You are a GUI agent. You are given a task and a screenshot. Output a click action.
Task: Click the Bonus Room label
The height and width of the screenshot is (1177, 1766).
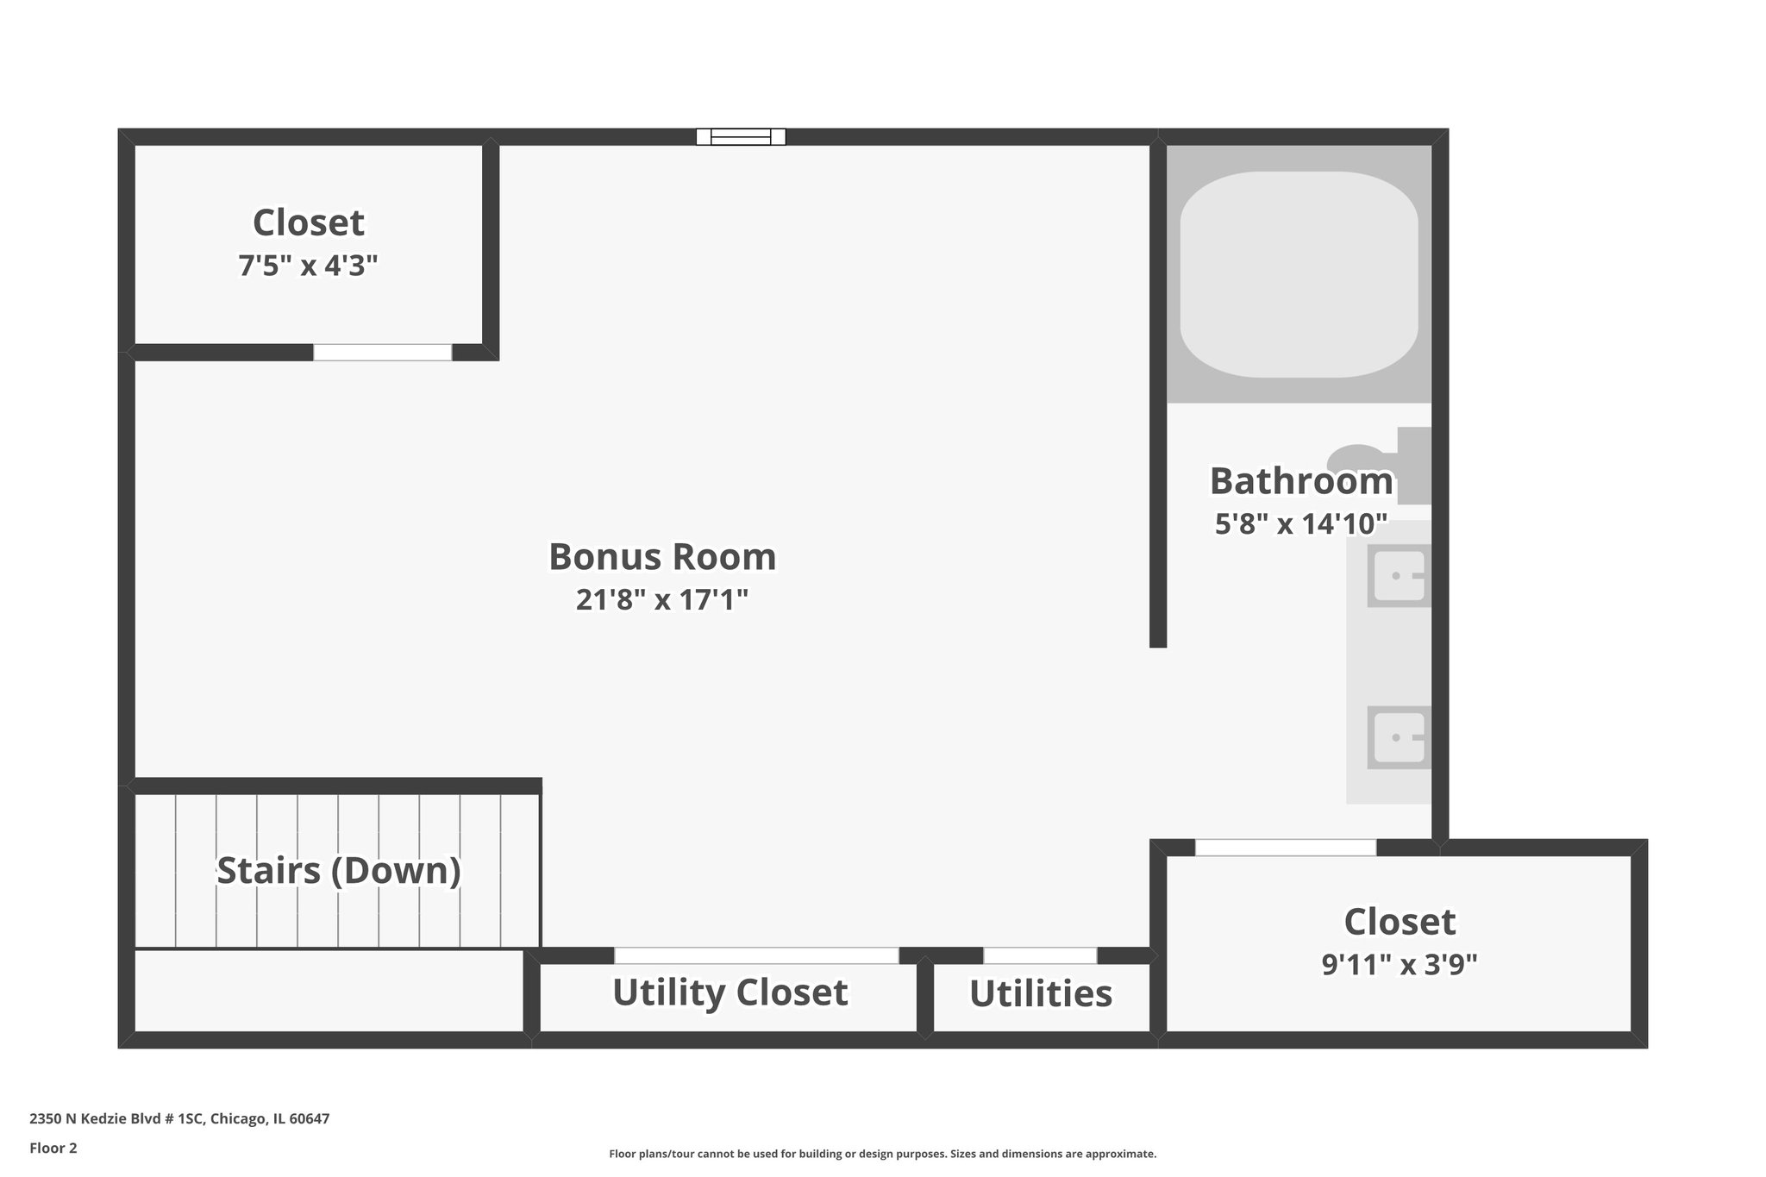(662, 557)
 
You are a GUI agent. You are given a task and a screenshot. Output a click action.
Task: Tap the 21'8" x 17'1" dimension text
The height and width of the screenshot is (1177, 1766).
(662, 600)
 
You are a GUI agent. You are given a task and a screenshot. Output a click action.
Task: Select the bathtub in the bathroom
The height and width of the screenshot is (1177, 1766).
(1299, 274)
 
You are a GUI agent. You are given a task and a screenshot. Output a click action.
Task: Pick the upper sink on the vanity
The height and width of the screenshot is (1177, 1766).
(1399, 575)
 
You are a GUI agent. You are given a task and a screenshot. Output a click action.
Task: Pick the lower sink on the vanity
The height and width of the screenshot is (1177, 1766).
(1399, 737)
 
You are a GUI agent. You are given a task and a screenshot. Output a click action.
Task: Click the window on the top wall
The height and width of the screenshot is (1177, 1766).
(741, 136)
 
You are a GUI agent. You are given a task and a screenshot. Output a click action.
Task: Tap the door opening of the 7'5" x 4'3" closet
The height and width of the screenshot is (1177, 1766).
(382, 352)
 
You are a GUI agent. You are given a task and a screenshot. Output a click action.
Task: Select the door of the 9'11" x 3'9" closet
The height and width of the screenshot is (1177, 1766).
(1285, 848)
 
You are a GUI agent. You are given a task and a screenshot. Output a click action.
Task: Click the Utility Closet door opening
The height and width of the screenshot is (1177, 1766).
(756, 955)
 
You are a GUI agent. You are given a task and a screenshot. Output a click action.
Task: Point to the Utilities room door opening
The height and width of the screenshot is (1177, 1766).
(1040, 955)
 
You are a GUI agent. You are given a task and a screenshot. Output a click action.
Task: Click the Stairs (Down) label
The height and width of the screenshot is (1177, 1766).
(338, 871)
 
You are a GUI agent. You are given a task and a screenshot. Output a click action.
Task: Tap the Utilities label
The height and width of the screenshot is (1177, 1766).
(1041, 993)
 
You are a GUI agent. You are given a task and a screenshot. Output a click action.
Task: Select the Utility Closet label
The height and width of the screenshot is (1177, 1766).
(730, 992)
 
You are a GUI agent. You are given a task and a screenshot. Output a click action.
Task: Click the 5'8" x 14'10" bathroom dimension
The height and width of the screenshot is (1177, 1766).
(1300, 523)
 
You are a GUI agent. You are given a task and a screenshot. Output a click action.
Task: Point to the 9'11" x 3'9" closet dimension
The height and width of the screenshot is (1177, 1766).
(1400, 964)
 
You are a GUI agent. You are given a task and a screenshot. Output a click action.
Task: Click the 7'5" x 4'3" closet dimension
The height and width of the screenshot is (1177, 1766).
(308, 266)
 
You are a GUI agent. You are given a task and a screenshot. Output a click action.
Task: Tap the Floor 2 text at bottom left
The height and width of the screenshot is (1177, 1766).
(53, 1148)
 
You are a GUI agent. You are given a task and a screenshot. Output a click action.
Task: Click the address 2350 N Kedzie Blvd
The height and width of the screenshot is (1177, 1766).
(179, 1118)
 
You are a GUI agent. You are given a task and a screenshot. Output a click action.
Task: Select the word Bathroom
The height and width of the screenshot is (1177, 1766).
(1300, 481)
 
